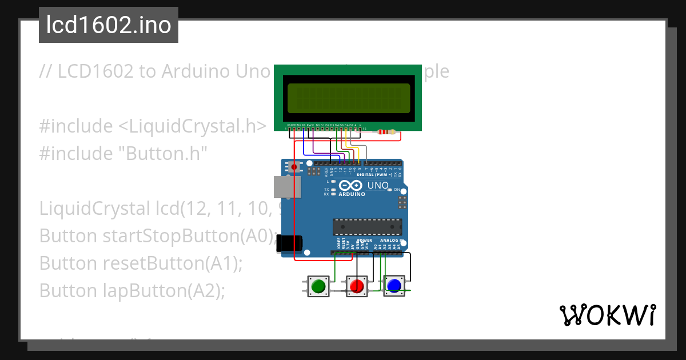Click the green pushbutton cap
[318, 285]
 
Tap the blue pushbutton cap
[394, 285]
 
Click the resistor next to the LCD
[387, 133]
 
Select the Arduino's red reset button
[294, 167]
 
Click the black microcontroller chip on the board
[367, 227]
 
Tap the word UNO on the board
[378, 186]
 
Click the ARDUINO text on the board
[352, 194]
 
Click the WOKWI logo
[607, 315]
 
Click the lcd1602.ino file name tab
[109, 25]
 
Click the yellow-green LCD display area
[349, 98]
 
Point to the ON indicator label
[396, 189]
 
